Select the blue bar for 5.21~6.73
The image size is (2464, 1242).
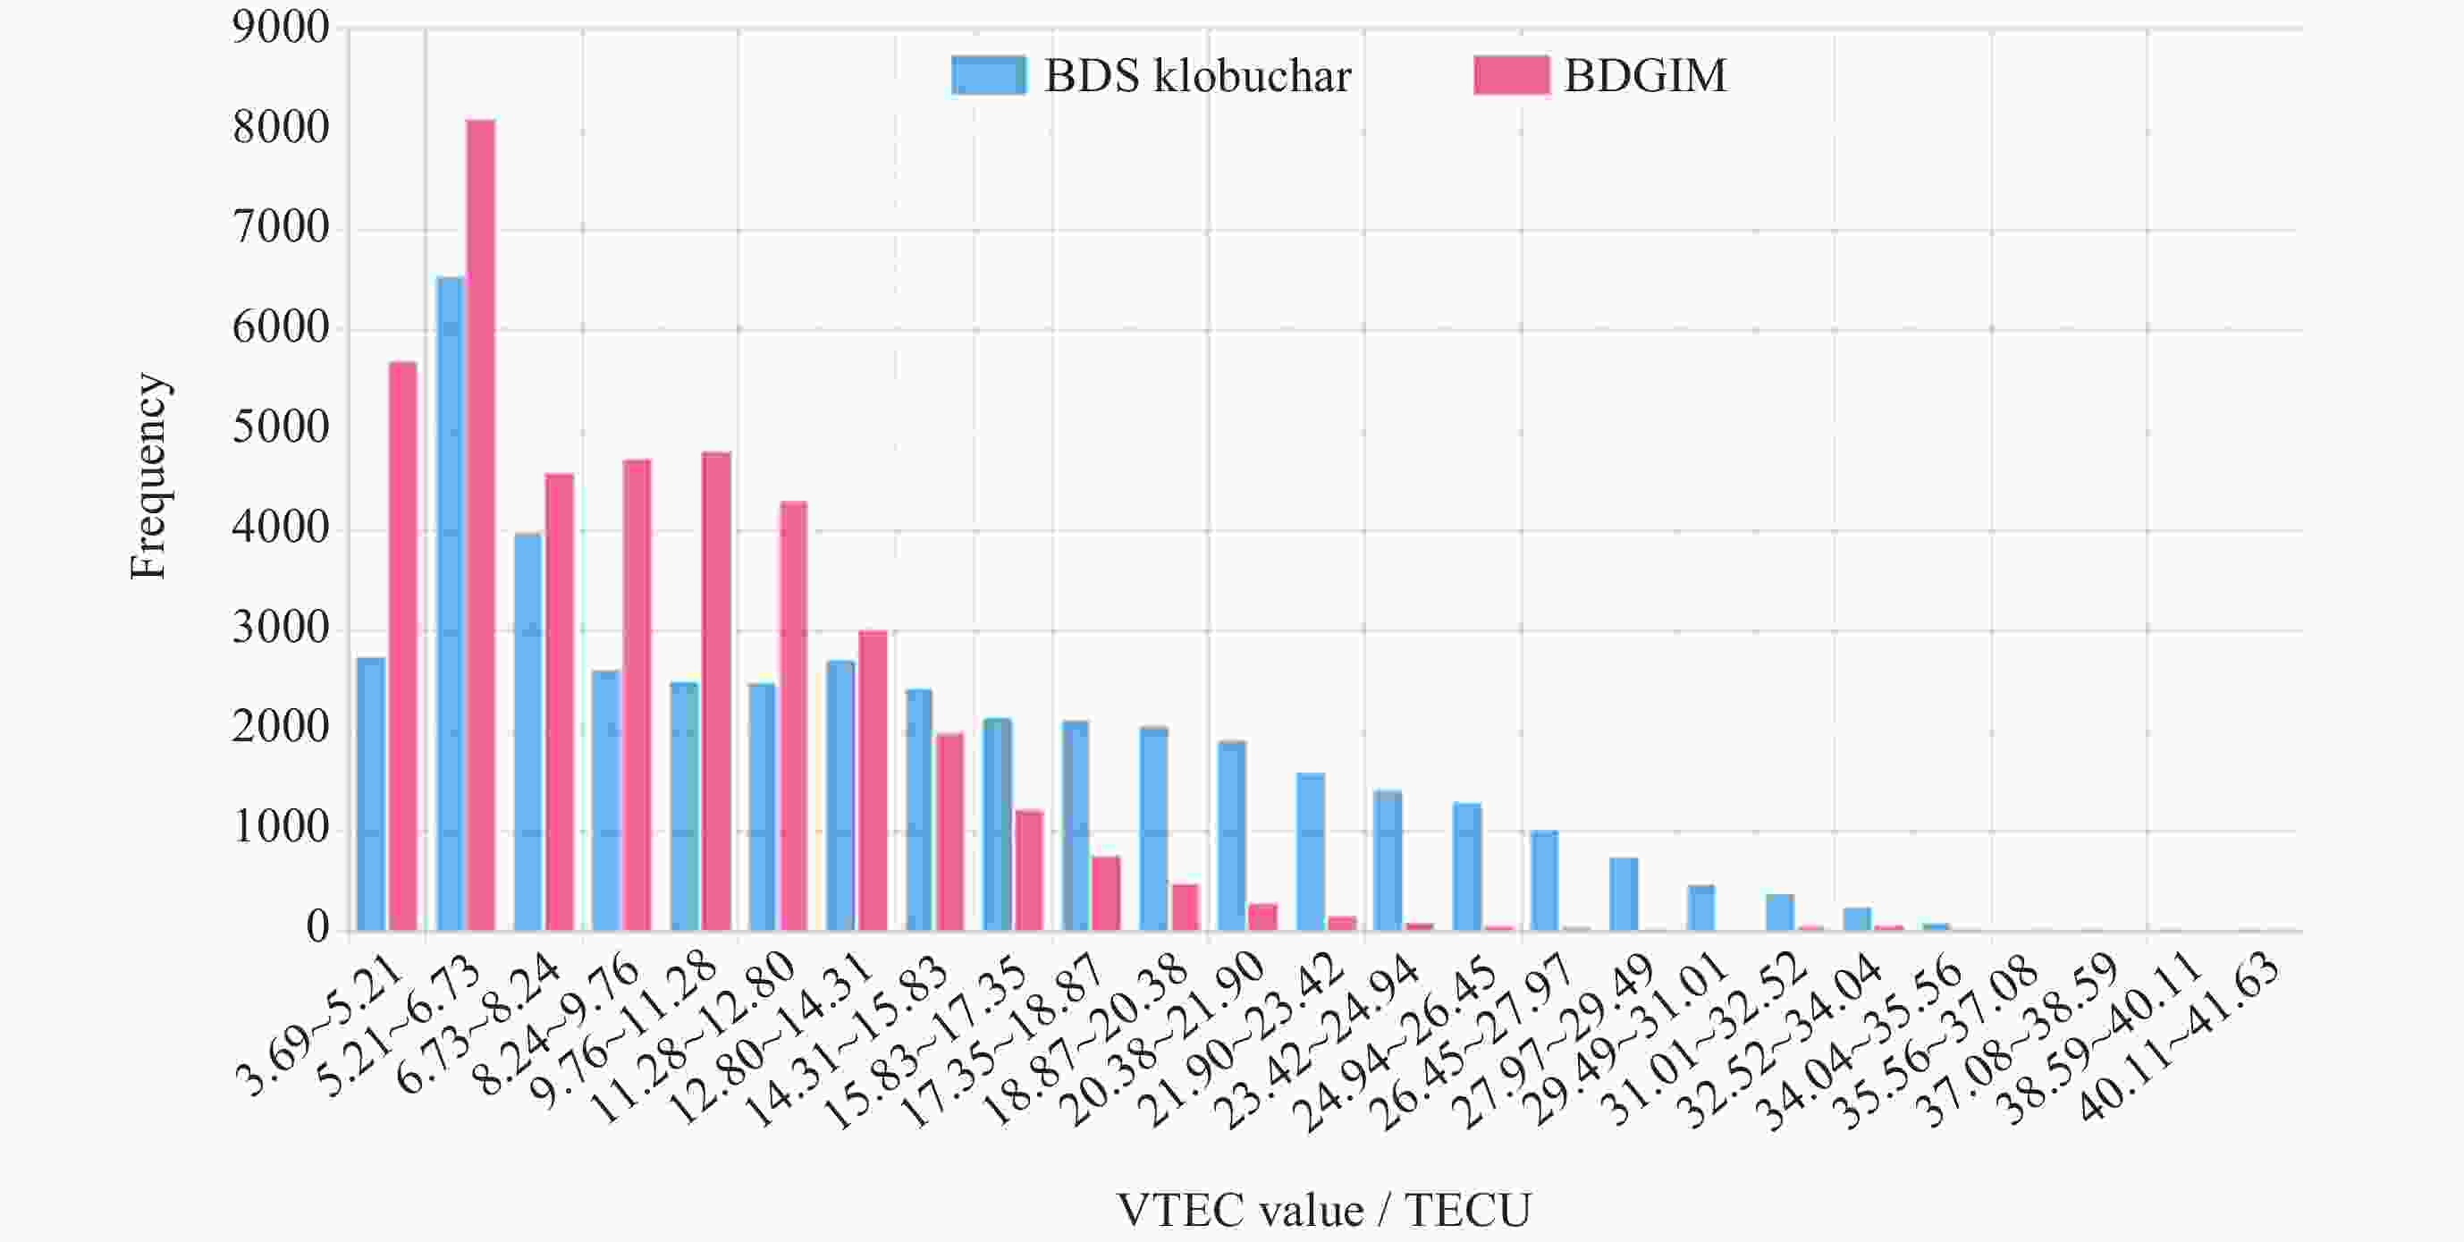tap(451, 603)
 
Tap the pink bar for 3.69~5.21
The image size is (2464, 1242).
tap(402, 646)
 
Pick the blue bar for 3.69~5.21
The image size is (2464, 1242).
tap(371, 793)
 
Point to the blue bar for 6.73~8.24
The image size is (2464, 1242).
tap(528, 731)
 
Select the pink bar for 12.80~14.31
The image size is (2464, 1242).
tap(873, 780)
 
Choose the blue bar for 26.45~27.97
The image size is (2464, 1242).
tap(1545, 880)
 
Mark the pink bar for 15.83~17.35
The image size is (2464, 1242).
tap(1029, 870)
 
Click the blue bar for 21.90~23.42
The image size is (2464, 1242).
tap(1311, 851)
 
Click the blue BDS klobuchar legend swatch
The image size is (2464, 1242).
tap(989, 74)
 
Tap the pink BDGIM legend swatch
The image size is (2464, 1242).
tap(1510, 74)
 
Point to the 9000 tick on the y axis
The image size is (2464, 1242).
tap(280, 29)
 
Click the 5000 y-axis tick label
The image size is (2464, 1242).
tap(280, 428)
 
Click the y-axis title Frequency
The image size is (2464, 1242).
tap(148, 476)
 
